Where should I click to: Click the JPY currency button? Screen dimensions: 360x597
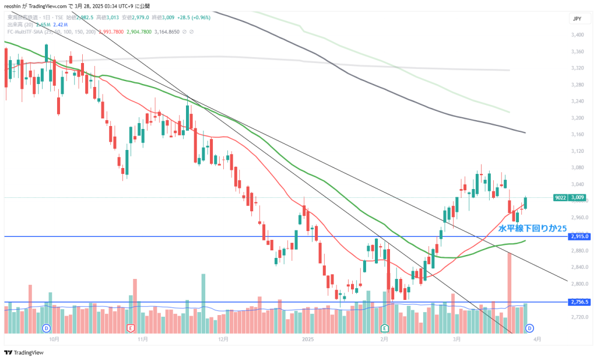[x=577, y=19]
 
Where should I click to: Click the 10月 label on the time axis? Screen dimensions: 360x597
[x=54, y=338]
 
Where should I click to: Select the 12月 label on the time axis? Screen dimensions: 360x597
[x=222, y=338]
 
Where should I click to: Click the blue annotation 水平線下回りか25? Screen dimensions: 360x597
[x=532, y=228]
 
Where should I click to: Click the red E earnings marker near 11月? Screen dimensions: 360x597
[x=131, y=328]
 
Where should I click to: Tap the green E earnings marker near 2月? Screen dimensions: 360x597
[x=384, y=328]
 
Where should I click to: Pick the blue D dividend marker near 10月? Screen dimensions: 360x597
[x=47, y=328]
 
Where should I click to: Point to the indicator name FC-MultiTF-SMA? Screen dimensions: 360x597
[x=26, y=32]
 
